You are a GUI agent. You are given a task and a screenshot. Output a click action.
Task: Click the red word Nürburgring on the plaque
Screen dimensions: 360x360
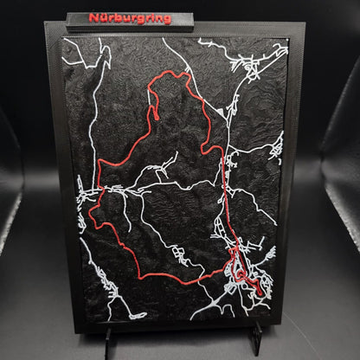tap(130, 17)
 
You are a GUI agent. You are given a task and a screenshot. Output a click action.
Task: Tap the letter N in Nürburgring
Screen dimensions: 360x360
tap(93, 17)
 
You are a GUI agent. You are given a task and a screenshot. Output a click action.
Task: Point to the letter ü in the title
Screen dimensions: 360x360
tap(103, 17)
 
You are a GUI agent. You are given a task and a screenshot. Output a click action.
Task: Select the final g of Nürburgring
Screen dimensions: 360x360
tap(166, 18)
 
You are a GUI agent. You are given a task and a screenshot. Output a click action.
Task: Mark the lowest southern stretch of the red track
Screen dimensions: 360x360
tap(164, 276)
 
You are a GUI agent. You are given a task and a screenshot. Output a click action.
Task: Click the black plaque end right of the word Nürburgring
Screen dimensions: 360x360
tap(183, 19)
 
